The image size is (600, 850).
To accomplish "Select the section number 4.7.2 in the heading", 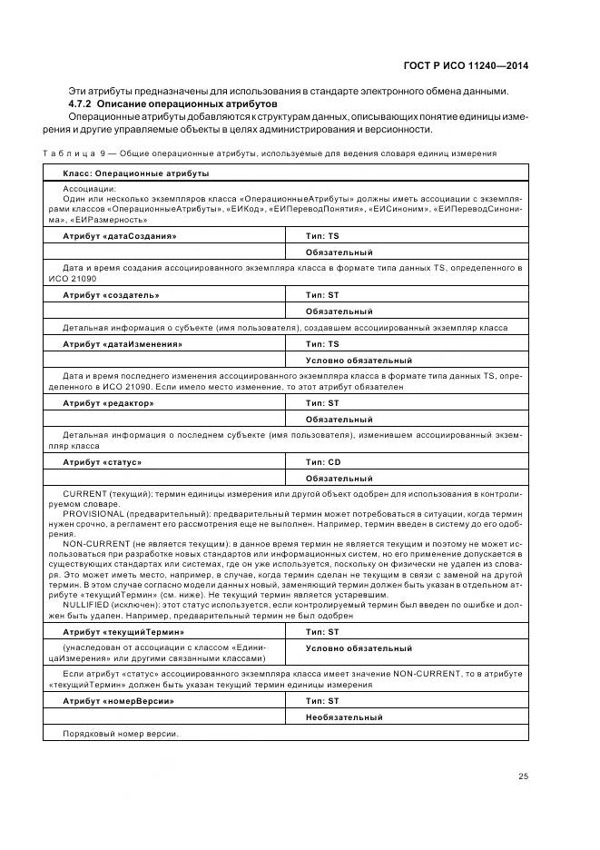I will [84, 104].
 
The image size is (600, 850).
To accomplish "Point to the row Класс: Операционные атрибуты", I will [136, 173].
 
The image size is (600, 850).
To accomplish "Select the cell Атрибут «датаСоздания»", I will [119, 235].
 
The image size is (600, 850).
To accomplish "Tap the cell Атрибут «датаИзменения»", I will [123, 344].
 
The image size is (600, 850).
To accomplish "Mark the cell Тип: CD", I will [323, 462].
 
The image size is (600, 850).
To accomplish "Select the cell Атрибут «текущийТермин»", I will [123, 631].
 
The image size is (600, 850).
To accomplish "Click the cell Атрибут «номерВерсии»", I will [118, 701].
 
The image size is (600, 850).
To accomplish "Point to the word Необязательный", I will [344, 717].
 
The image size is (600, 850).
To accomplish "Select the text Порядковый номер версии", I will [121, 733].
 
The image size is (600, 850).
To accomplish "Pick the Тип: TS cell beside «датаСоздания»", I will [322, 235].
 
